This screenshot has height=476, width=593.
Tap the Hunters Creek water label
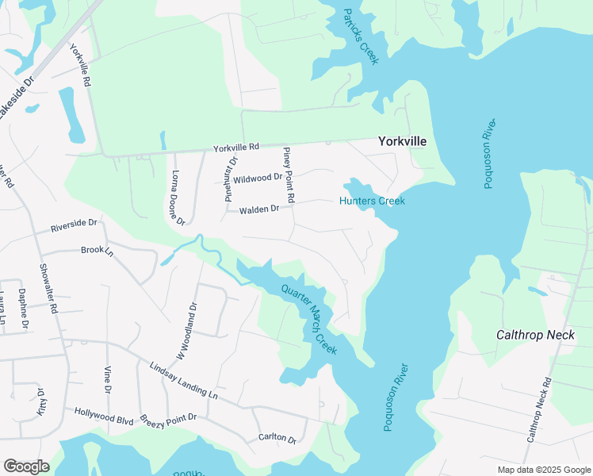[x=372, y=201]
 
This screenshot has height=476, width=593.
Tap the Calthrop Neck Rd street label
[x=539, y=410]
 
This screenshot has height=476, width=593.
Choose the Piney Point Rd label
[x=289, y=174]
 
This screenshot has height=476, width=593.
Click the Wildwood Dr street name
[x=258, y=178]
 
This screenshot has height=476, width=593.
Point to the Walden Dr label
[x=259, y=209]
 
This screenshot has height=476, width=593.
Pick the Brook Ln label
[x=98, y=250]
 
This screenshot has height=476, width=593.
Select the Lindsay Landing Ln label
[x=183, y=379]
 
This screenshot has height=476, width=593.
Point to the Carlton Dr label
[x=277, y=439]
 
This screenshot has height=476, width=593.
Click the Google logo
[x=26, y=466]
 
